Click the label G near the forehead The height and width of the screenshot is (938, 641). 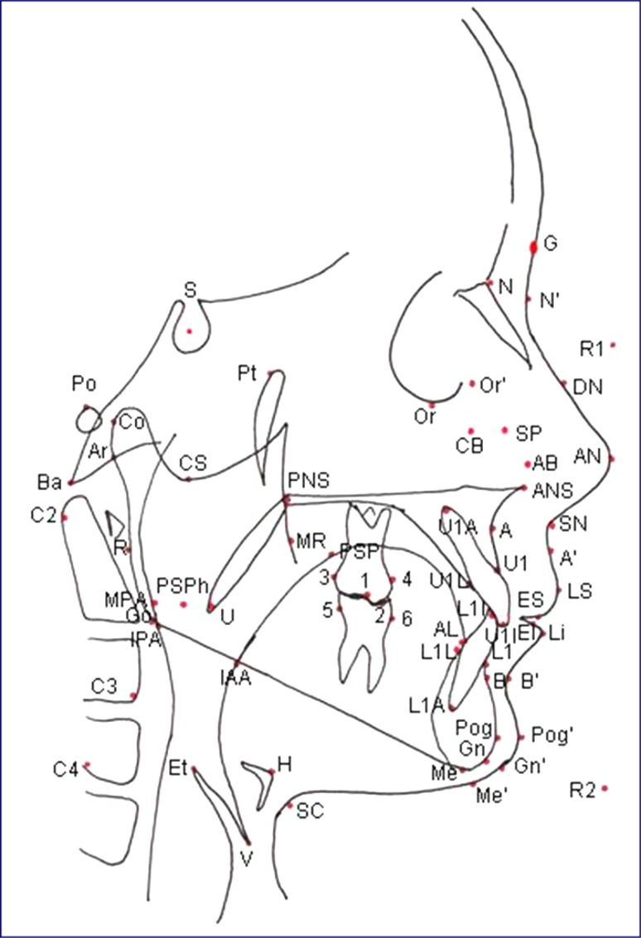550,244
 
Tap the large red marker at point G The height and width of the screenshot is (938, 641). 534,247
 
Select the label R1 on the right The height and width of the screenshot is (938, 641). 591,349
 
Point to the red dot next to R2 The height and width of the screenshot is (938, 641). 605,788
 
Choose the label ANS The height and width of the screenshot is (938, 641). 552,490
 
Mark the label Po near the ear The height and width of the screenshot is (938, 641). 84,384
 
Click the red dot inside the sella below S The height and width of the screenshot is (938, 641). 190,331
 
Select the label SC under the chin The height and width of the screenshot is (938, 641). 309,811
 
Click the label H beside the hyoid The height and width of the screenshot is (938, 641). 284,766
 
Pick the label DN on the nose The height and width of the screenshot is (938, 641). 588,387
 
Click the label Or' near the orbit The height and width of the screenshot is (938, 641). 493,384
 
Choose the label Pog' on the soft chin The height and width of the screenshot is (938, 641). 547,734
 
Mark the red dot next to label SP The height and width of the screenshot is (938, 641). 505,430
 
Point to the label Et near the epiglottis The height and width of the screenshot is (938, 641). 177,766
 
